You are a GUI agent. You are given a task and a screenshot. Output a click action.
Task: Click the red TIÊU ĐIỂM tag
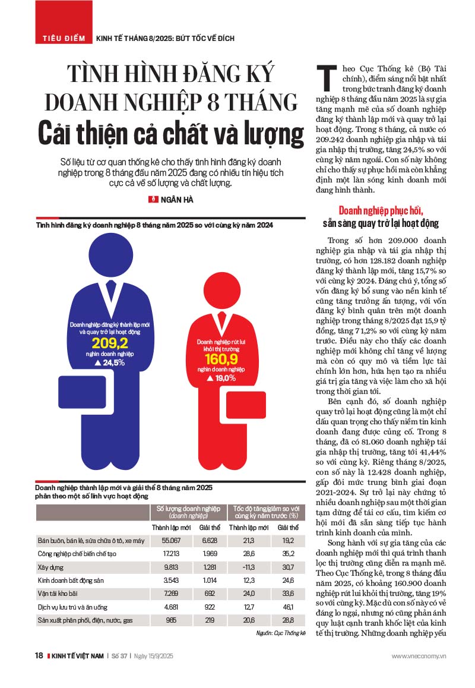(62, 38)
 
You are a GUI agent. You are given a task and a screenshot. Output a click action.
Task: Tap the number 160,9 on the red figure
(220, 359)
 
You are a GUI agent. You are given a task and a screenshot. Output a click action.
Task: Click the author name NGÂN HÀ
(176, 200)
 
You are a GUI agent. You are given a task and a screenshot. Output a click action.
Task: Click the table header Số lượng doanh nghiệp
(188, 509)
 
